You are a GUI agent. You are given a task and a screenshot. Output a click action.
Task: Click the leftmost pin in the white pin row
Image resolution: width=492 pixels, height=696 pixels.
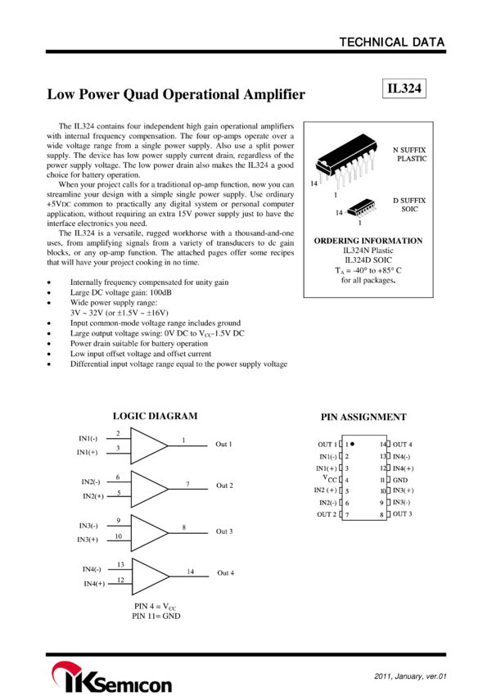337,176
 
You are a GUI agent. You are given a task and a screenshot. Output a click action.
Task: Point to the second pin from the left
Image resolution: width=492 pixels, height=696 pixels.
343,174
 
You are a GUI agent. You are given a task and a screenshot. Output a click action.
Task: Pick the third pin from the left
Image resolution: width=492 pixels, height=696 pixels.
349,170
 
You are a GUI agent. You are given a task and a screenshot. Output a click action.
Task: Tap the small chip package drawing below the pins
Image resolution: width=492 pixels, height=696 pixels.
362,209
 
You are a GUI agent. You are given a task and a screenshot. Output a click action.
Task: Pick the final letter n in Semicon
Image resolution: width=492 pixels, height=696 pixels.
165,684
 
